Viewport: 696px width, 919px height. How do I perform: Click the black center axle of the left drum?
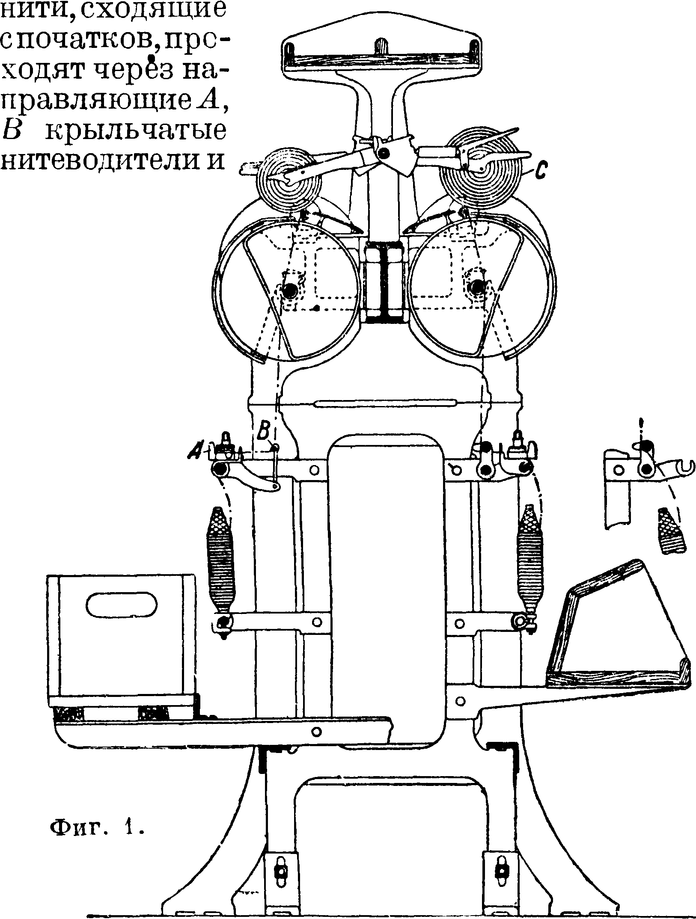pyautogui.click(x=291, y=290)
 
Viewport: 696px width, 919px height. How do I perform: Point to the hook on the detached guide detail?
pyautogui.click(x=684, y=468)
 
